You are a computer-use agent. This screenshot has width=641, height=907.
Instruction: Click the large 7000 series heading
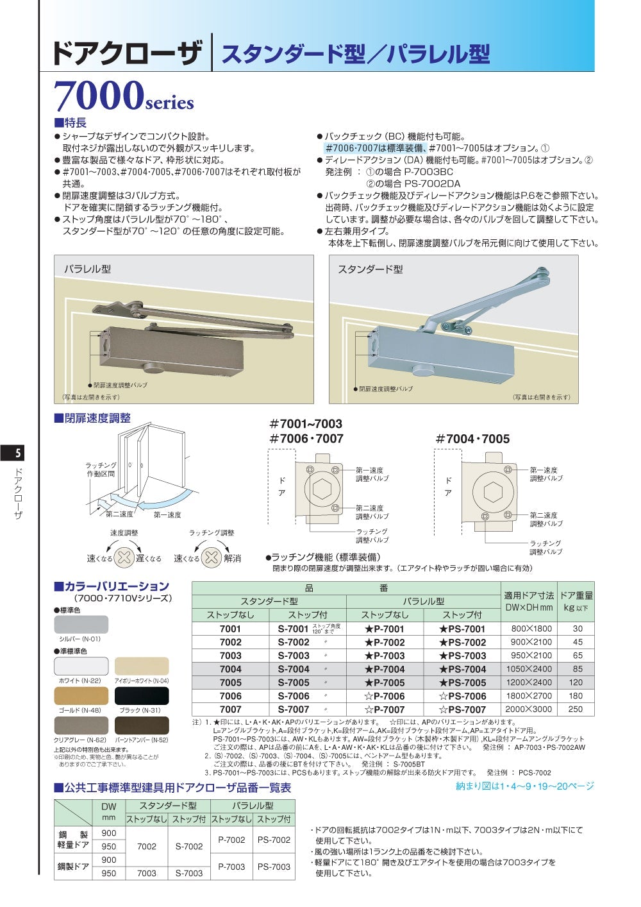123,96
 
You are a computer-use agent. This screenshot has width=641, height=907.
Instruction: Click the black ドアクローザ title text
126,53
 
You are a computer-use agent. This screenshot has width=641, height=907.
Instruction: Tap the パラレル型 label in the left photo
87,269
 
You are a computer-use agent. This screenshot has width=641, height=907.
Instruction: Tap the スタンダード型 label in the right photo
370,269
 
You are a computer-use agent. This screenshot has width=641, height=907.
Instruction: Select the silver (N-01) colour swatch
81,624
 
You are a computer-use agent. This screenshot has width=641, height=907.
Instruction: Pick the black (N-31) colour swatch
142,696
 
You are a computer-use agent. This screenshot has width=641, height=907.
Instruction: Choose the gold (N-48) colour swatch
81,696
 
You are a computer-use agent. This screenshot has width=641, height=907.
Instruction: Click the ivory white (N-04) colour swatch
142,666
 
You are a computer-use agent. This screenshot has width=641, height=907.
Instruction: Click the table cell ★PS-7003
462,656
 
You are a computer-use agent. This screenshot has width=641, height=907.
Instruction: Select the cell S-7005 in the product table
294,682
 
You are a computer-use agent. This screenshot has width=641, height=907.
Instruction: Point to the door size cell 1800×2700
528,696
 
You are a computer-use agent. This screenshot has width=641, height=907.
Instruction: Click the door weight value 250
576,709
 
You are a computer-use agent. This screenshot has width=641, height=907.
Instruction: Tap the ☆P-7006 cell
385,696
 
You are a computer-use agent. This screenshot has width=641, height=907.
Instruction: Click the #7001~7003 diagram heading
306,424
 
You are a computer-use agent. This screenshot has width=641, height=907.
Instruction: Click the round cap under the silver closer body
422,371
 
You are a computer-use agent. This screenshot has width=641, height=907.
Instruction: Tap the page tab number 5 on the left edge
17,453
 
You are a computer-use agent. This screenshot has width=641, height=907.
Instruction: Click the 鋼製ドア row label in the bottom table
73,867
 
